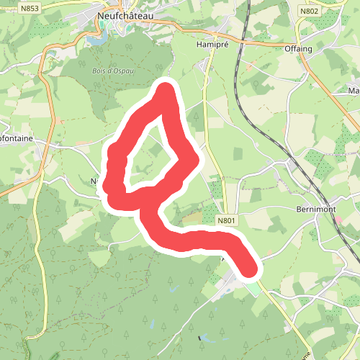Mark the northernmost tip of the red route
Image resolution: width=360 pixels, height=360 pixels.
coord(166,89)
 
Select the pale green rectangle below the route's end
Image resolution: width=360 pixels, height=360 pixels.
coord(251,289)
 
